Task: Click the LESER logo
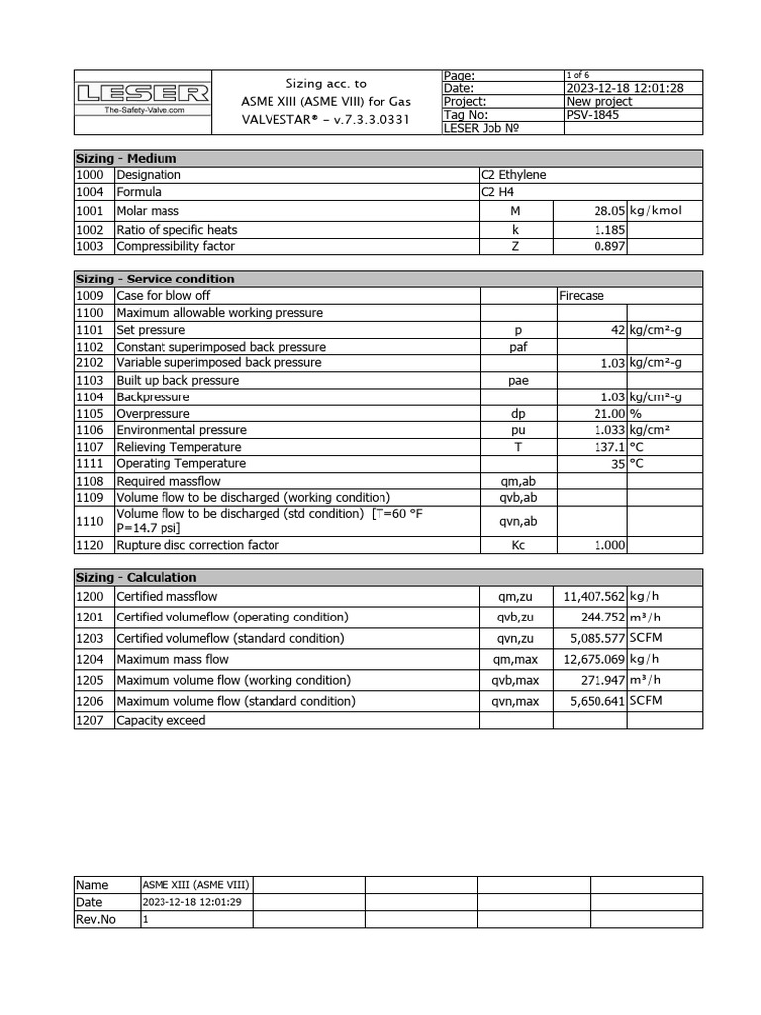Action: coord(144,94)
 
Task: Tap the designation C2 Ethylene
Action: coord(513,175)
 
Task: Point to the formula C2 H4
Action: coord(499,192)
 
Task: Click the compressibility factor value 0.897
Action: coord(607,246)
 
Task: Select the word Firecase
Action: coord(582,296)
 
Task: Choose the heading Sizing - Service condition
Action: coord(156,280)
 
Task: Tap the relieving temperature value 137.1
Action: coord(606,447)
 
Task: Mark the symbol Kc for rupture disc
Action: coord(518,545)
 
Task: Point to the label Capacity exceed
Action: coord(161,721)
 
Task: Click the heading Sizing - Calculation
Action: coord(137,578)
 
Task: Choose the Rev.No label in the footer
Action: coord(96,920)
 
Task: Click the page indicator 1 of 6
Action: coord(577,75)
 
